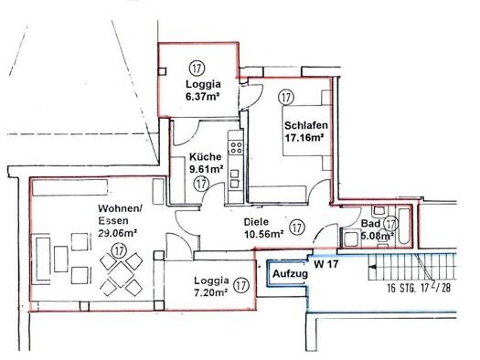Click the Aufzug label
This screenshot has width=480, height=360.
click(x=290, y=274)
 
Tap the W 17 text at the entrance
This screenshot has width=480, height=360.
click(x=326, y=264)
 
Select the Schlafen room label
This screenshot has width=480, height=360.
click(x=306, y=125)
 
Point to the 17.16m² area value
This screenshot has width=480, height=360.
click(x=304, y=138)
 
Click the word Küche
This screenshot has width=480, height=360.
click(x=206, y=157)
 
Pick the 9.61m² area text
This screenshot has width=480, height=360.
click(x=206, y=169)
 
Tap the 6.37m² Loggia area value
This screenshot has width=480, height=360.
click(x=202, y=96)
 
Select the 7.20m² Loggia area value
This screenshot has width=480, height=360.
click(x=210, y=292)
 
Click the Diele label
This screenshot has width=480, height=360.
click(x=256, y=222)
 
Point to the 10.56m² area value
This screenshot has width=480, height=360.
click(x=263, y=234)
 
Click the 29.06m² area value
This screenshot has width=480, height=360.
click(x=117, y=233)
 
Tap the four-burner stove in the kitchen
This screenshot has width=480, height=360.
click(x=236, y=147)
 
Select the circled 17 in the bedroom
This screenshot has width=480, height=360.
click(x=286, y=97)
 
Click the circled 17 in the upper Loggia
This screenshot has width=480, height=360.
click(x=197, y=68)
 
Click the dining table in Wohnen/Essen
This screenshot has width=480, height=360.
click(x=122, y=274)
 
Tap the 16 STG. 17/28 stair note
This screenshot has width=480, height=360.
click(x=419, y=288)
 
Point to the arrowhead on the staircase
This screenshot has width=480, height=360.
click(x=373, y=267)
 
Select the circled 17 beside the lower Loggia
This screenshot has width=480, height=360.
click(x=241, y=285)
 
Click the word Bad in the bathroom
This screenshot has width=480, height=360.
click(x=370, y=223)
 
